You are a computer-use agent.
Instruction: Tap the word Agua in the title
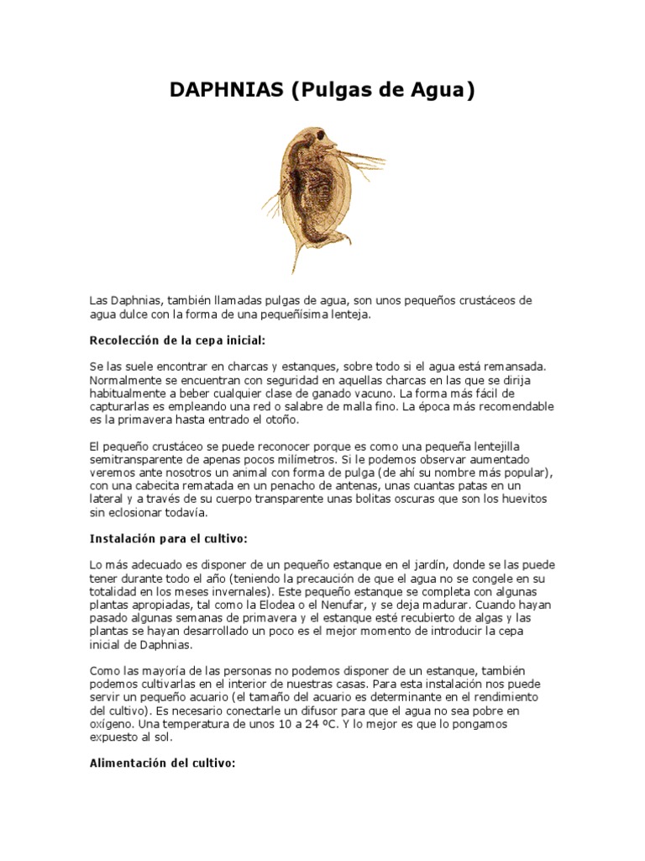(x=440, y=91)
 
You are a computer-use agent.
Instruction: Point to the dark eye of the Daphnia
(x=321, y=135)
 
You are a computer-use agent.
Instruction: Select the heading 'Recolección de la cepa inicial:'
(x=176, y=341)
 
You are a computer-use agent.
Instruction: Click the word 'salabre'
(x=310, y=407)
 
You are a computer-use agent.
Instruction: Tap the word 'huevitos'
(x=522, y=499)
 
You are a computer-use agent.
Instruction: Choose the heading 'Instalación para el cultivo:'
(x=168, y=538)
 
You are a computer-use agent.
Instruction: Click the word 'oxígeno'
(x=112, y=724)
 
